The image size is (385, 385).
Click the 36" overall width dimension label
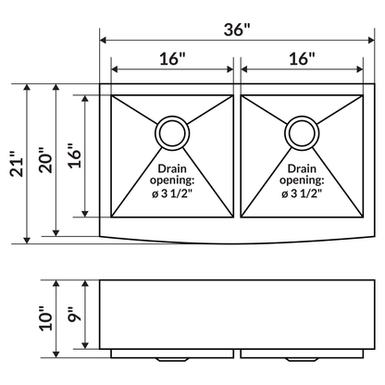point(237,29)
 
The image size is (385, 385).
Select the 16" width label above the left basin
point(171,58)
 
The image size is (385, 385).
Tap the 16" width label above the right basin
point(301,58)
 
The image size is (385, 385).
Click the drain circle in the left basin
point(171,132)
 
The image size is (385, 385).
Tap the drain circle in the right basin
point(302,132)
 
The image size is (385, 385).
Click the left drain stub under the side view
point(171,356)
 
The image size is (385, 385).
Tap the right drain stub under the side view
point(302,356)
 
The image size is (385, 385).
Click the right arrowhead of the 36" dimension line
point(369,40)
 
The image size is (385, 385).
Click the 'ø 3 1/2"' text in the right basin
point(302,195)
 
